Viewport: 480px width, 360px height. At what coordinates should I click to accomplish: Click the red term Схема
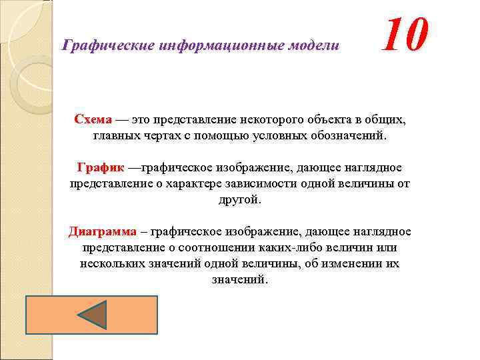coord(93,120)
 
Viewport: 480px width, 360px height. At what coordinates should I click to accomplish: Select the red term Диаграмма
coord(102,232)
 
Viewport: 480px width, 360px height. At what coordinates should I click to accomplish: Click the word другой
coord(240,199)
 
